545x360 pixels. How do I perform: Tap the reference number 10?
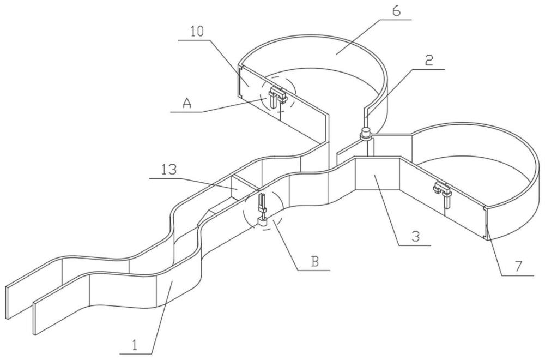(197, 32)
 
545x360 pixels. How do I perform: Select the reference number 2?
(428, 61)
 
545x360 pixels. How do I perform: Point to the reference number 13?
(168, 170)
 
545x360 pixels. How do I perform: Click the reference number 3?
(416, 237)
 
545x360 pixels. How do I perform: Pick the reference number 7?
(518, 266)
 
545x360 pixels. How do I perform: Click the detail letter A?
(187, 103)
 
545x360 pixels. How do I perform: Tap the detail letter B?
(314, 261)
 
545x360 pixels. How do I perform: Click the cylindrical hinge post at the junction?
(366, 134)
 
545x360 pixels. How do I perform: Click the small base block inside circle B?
(262, 221)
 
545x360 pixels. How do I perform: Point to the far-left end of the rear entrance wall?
(8, 303)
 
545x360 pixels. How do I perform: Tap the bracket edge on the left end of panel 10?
(240, 81)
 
